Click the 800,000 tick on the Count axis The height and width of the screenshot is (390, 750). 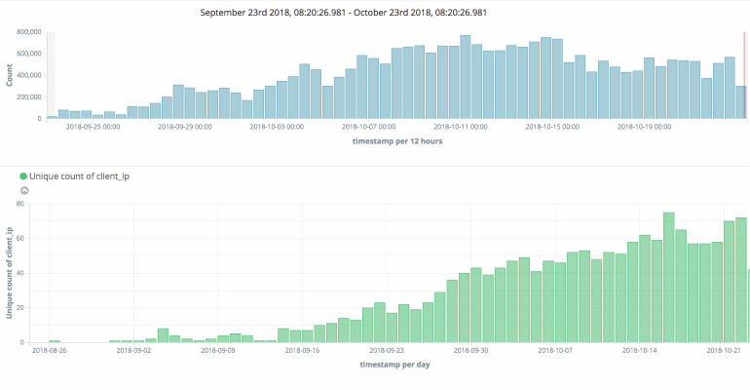point(27,32)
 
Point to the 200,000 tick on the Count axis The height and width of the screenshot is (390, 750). point(27,97)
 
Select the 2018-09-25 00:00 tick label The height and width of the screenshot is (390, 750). point(93,126)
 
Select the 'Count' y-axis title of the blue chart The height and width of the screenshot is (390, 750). point(9,75)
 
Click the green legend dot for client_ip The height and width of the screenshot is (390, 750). point(23,175)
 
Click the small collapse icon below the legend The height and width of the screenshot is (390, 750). point(24,190)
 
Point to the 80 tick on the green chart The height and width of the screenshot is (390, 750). point(19,205)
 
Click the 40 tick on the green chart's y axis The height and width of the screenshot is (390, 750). point(19,274)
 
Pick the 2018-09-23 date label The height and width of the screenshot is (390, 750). point(389,350)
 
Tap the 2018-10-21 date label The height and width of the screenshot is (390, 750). point(726,350)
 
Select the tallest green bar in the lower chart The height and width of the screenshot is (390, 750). point(669,278)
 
